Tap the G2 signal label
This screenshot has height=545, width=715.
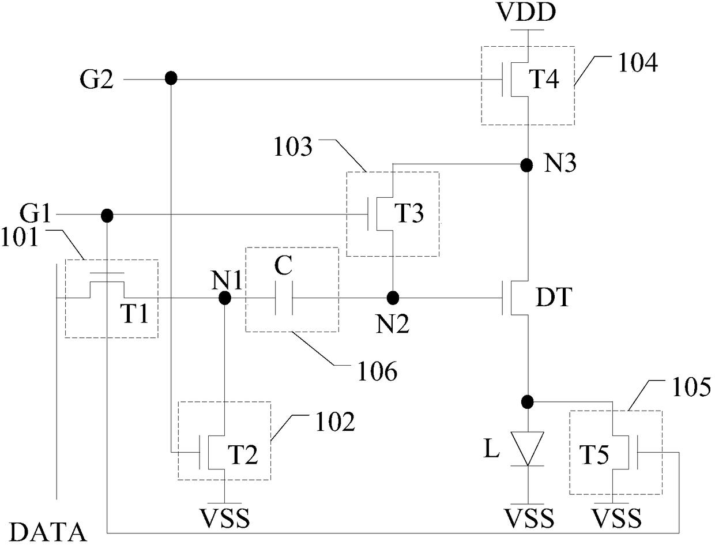coord(97,80)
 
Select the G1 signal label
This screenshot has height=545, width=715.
coord(35,214)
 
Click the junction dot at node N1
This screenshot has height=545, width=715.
coord(225,298)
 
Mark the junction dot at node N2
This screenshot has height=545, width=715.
coord(393,298)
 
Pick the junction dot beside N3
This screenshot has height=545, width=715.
coord(526,166)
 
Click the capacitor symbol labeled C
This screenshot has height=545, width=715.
coord(283,298)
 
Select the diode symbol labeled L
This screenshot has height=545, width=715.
coord(527,449)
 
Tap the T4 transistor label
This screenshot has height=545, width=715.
coord(544,79)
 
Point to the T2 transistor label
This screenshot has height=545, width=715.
coord(243,455)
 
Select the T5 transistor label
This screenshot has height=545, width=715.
coord(594,455)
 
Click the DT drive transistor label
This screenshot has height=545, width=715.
coord(554,298)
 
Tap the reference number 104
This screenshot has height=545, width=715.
coord(638,63)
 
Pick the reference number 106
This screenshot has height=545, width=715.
coord(378,371)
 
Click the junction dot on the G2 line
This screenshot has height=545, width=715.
coord(171,78)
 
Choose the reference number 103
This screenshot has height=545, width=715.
coord(293,147)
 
